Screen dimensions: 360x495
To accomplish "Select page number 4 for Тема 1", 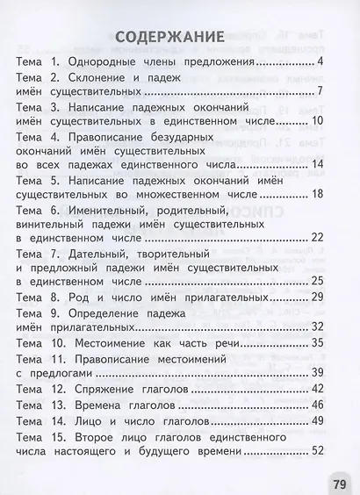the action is (x=322, y=62).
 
